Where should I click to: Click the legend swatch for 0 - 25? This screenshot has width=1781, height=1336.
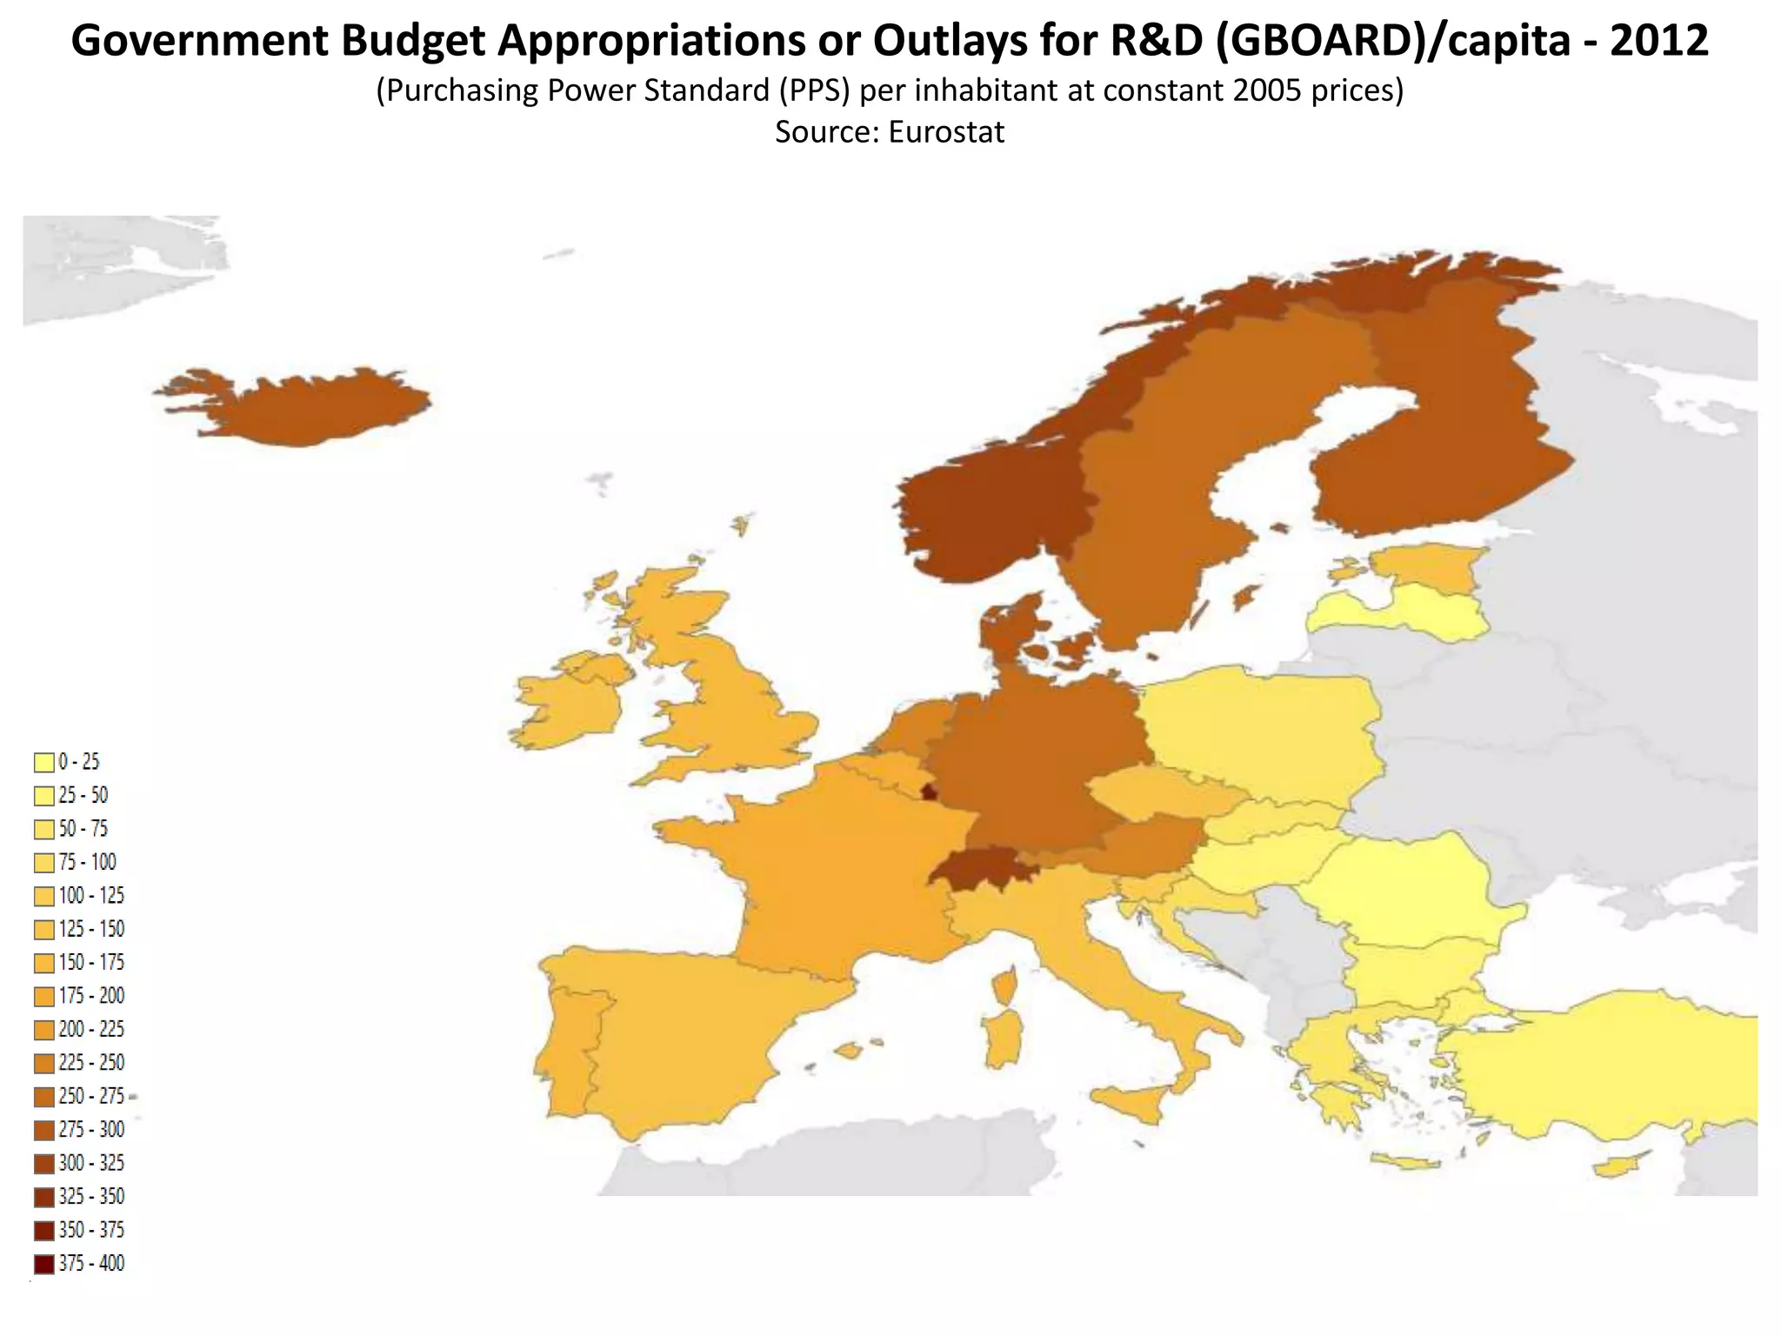tap(44, 763)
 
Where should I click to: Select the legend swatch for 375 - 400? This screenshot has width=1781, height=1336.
tap(44, 1265)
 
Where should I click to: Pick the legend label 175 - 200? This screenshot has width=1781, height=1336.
tap(91, 996)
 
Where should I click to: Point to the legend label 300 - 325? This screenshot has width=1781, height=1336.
tap(91, 1164)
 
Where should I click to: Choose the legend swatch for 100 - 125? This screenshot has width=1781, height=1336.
tap(44, 897)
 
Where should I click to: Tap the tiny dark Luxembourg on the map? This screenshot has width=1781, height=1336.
tap(929, 792)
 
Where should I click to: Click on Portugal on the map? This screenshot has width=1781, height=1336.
tap(565, 1044)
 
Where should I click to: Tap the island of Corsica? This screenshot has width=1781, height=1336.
tap(1005, 987)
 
